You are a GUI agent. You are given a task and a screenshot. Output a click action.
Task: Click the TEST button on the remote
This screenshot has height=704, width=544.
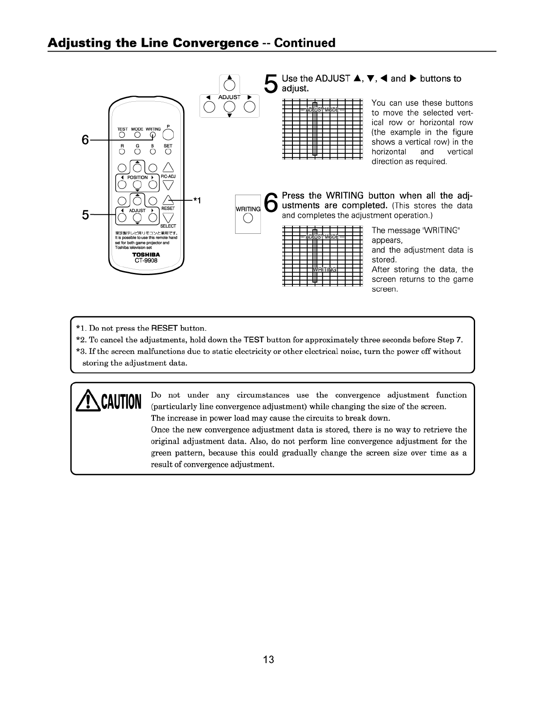(122, 135)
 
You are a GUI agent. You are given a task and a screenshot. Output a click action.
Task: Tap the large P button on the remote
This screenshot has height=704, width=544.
(168, 134)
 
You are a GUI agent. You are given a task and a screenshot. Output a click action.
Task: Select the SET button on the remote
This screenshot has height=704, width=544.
(168, 152)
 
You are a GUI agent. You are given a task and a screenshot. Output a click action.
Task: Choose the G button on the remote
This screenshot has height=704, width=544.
(138, 152)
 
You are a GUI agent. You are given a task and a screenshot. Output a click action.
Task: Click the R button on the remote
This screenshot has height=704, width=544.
(122, 152)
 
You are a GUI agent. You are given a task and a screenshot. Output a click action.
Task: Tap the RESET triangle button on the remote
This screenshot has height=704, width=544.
(168, 200)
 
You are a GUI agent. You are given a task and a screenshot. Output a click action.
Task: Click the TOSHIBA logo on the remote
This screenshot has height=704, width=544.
(146, 255)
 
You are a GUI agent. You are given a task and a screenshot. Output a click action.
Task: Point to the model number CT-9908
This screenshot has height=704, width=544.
(146, 260)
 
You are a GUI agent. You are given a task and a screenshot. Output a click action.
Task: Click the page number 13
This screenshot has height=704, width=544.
(268, 659)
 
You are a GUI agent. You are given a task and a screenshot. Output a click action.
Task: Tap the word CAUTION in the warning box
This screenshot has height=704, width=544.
(120, 402)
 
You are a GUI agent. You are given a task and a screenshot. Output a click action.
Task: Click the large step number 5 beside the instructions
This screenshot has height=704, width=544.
(271, 84)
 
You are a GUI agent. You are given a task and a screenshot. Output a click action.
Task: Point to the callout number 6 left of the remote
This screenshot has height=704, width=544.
(85, 140)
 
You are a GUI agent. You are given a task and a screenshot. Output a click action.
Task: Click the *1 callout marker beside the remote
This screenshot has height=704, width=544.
(197, 201)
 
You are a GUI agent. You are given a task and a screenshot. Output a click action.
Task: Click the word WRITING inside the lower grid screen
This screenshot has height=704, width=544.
(325, 270)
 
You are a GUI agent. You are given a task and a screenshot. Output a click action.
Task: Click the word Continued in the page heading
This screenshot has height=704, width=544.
(304, 43)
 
